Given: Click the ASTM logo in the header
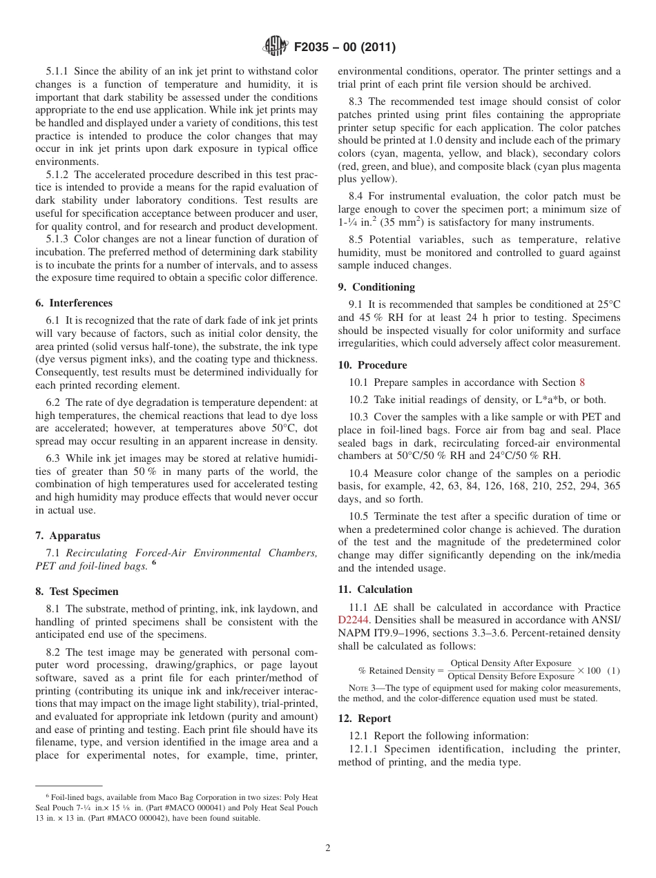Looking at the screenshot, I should click(x=275, y=47).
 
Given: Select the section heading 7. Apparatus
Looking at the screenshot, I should click(x=68, y=536).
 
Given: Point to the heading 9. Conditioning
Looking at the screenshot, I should click(x=376, y=287).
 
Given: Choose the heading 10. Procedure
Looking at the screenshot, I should click(x=373, y=365).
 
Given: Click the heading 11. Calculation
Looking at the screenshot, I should click(x=375, y=589).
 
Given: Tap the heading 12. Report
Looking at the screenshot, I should click(x=365, y=719).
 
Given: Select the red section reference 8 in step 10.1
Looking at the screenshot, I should click(x=582, y=382).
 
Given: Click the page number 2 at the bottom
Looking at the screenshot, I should click(x=328, y=848).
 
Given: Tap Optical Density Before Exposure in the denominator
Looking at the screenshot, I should click(x=511, y=676).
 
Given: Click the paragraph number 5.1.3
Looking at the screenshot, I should click(x=59, y=239).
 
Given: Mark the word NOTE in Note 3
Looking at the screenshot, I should click(x=358, y=688).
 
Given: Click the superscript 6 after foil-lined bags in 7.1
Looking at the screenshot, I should click(x=154, y=563).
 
